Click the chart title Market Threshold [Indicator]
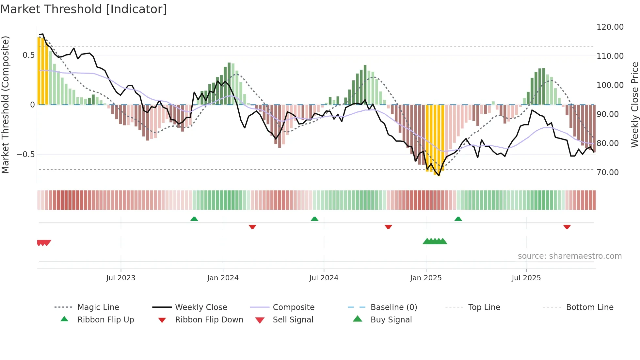tap(84, 9)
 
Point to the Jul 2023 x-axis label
tap(121, 278)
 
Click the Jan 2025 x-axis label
tap(426, 278)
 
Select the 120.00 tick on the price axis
tap(610, 27)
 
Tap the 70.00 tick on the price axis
tap(608, 172)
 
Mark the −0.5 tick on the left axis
tap(25, 155)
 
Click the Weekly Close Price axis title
tap(634, 105)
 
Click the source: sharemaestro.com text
tap(570, 256)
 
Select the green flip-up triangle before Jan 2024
tap(194, 219)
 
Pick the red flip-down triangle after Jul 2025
tap(567, 227)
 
